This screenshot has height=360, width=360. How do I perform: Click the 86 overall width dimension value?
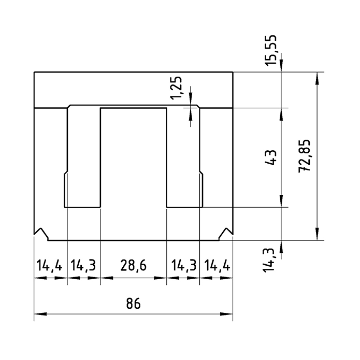point(133,304)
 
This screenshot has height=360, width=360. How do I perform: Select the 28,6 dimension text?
point(133,267)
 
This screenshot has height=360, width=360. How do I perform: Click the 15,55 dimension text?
point(270,50)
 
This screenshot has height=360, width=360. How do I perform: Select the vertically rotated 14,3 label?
point(270,259)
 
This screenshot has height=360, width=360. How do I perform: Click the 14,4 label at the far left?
point(50,267)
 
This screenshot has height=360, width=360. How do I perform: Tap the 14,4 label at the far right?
point(217,267)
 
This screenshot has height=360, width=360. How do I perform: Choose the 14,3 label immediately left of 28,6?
point(83,267)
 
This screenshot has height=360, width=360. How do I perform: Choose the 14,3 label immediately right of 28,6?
point(183,267)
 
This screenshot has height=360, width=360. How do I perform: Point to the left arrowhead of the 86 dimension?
point(37,314)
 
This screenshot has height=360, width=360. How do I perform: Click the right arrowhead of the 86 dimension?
point(229,314)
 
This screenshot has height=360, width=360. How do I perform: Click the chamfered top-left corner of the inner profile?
point(69,106)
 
